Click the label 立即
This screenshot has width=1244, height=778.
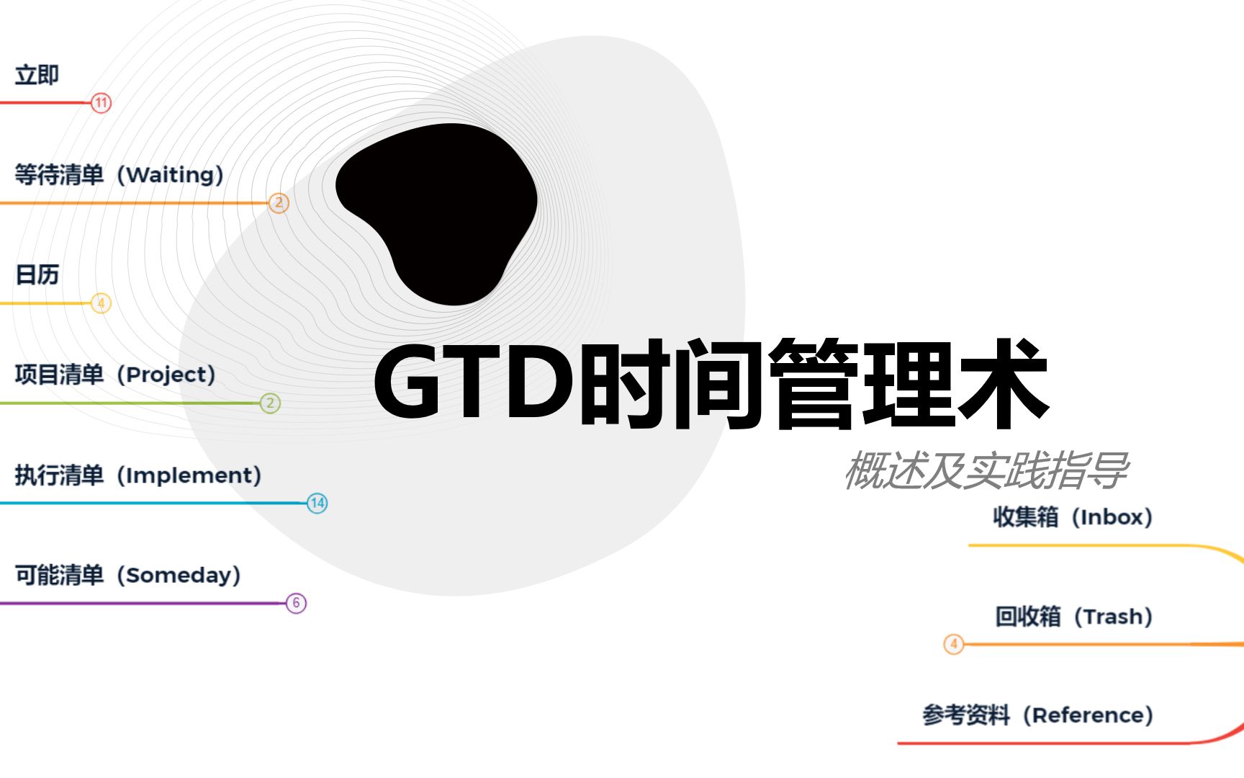(x=37, y=75)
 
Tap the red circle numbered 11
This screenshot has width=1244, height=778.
(x=102, y=103)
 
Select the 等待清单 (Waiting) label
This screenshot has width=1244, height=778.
(x=120, y=174)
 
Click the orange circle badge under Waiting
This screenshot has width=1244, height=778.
(x=279, y=203)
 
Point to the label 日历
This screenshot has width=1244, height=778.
(x=37, y=274)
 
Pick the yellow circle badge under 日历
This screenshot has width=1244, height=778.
(x=102, y=303)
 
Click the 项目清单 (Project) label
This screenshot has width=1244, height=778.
(x=115, y=375)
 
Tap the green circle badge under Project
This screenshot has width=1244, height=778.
(x=270, y=403)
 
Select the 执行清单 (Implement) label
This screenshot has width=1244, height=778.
(x=138, y=475)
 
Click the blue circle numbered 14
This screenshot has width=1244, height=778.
(x=317, y=503)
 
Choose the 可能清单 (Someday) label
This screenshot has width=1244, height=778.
(x=128, y=575)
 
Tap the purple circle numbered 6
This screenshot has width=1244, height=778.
(x=296, y=603)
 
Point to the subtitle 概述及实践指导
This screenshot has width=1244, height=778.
(x=986, y=470)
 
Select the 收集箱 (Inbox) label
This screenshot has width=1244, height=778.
(x=1073, y=517)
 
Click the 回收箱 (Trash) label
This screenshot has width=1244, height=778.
(x=1074, y=617)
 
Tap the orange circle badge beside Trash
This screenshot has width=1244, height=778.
(x=954, y=644)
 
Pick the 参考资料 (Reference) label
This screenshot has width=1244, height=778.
(x=1038, y=715)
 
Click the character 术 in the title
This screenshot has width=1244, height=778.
(x=1003, y=383)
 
